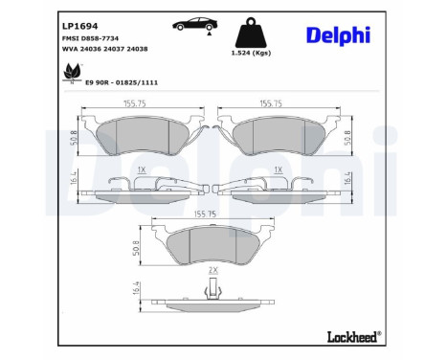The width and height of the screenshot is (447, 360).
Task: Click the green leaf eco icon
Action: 71,73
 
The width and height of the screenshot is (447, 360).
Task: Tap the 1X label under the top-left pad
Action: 142,169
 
